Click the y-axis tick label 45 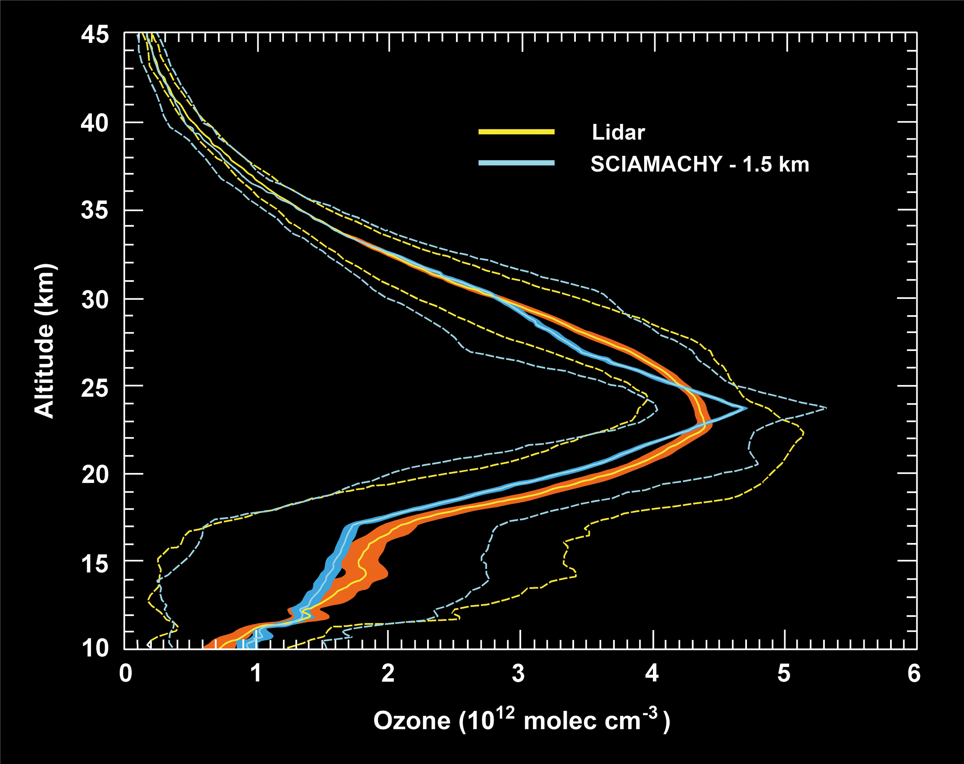95,35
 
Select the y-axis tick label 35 95,210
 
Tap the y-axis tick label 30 95,299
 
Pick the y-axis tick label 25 95,387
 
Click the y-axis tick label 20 95,474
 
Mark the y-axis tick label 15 95,563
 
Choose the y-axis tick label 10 95,648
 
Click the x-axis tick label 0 126,673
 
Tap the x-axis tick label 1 256,673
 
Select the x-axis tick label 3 519,673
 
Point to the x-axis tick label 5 784,673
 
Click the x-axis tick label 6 914,673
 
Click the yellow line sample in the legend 516,131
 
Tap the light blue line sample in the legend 516,163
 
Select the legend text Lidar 618,132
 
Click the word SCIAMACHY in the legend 656,164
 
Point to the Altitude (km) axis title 44,341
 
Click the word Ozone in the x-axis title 412,721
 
